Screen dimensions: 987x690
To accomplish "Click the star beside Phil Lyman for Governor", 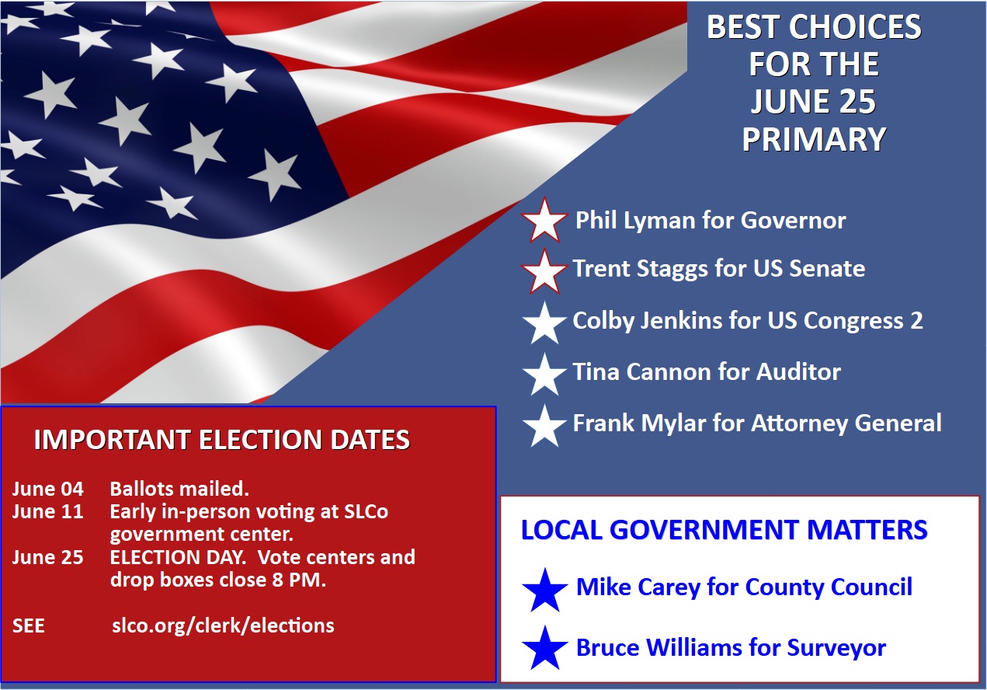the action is coord(544,221).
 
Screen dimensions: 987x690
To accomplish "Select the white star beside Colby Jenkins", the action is coord(545,323).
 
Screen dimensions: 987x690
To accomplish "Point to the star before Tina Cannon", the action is coord(545,375).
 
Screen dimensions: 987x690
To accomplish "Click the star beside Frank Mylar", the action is coord(545,426).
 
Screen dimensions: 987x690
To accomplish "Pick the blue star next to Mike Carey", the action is coord(545,591).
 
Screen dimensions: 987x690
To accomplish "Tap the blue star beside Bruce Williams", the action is coord(545,648).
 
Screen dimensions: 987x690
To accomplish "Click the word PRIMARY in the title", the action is coord(814,139).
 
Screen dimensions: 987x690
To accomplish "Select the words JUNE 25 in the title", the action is coord(813,102).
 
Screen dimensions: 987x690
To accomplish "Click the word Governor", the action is coord(793,220).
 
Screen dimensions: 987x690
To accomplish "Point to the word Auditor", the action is coord(798,371).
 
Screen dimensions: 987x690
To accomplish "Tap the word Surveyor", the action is coord(836,648).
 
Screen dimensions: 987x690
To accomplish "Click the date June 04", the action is coord(47,489).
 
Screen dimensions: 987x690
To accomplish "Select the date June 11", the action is coord(47,511).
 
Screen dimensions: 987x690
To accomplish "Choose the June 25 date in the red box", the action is coord(47,557).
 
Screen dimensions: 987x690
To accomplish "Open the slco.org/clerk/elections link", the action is coord(223,626).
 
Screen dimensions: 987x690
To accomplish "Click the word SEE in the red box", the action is coord(28,626).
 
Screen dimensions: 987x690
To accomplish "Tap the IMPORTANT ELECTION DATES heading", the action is coord(222,440).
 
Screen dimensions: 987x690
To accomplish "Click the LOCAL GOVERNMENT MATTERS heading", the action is coord(725,529).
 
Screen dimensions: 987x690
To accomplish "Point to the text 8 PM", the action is coord(299,580).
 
